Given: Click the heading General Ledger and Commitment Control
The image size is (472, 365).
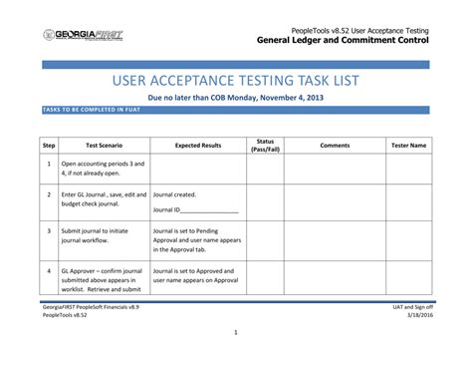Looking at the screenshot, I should click(343, 41).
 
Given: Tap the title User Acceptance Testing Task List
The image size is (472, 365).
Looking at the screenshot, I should click(236, 80).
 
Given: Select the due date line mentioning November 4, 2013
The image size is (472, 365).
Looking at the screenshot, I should click(236, 99).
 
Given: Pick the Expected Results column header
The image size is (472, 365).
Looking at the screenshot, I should click(198, 145).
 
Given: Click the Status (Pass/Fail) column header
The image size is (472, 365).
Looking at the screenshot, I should click(265, 145).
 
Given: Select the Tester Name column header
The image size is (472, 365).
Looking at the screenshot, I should click(408, 145).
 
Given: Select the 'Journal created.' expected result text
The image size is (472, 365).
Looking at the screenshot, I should click(174, 195).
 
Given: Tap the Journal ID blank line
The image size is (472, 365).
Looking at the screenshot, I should click(208, 210).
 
